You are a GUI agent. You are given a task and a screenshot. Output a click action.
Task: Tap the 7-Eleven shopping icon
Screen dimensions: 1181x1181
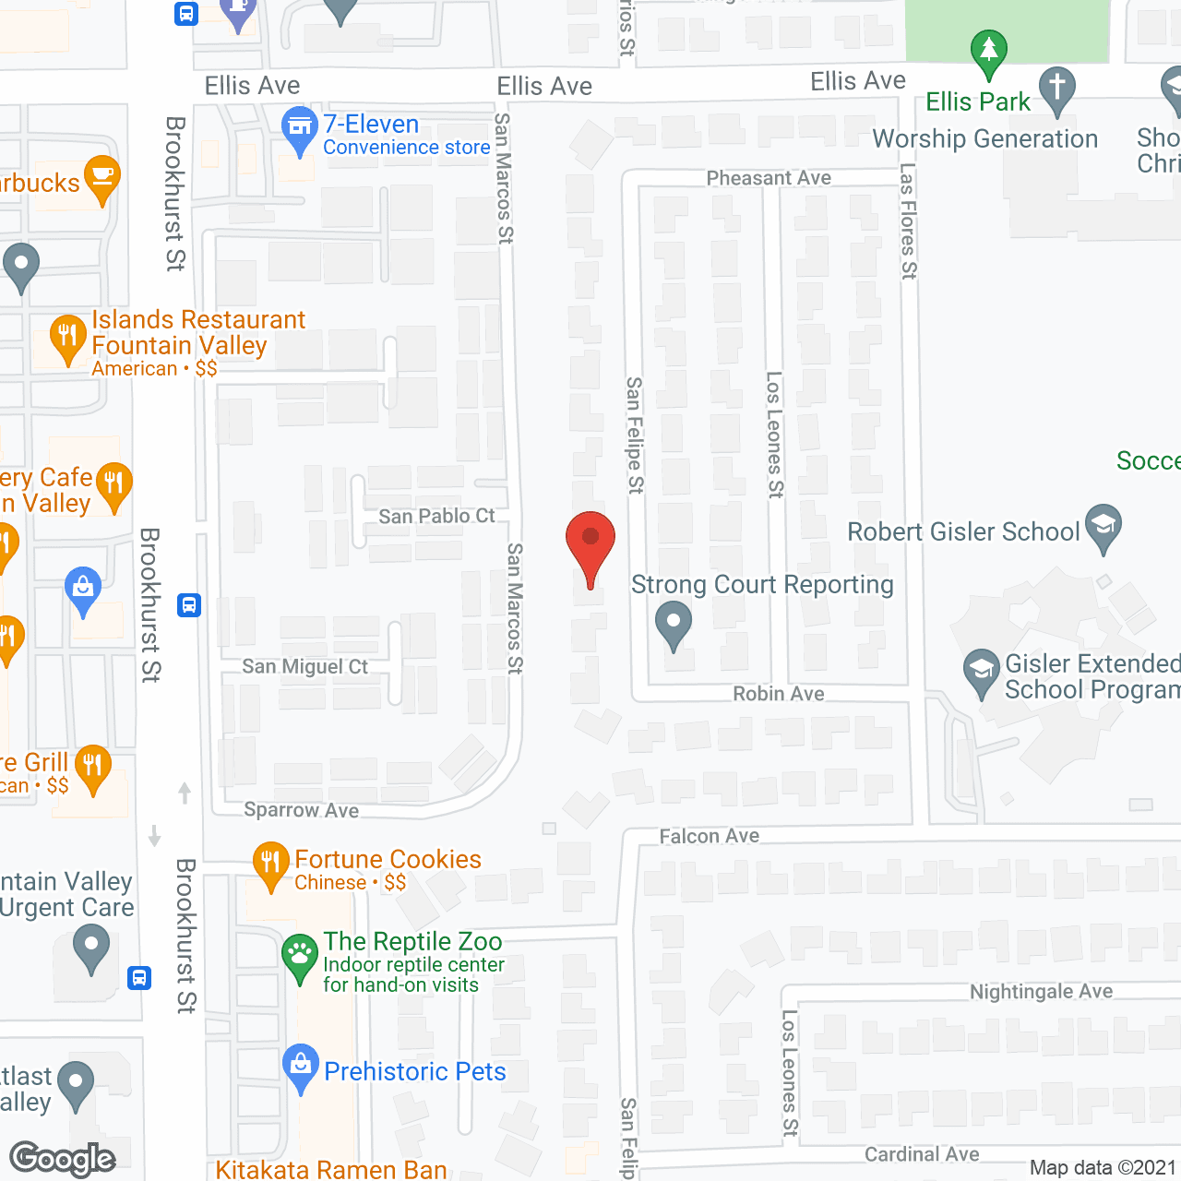point(300,130)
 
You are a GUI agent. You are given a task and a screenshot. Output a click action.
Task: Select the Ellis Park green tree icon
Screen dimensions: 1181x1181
point(988,52)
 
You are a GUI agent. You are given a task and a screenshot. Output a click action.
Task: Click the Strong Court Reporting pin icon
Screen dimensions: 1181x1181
point(674,624)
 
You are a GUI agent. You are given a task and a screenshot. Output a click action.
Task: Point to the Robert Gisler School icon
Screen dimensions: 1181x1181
point(1103,527)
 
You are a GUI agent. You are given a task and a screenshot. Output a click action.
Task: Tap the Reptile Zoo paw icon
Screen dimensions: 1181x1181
point(300,957)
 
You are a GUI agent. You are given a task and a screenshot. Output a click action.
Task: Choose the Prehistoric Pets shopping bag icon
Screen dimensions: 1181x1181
point(301,1067)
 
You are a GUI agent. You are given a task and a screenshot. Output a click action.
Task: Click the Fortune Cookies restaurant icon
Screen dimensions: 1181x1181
point(270,864)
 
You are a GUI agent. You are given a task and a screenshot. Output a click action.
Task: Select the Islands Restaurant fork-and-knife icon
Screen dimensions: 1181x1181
point(67,338)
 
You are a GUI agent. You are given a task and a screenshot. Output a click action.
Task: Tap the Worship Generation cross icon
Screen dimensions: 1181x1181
point(1057,89)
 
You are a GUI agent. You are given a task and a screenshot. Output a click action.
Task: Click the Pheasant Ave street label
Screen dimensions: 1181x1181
point(769,178)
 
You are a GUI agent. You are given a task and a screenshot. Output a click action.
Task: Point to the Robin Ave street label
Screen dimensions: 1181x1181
point(779,694)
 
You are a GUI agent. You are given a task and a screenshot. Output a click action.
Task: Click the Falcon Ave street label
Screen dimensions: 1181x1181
point(710,836)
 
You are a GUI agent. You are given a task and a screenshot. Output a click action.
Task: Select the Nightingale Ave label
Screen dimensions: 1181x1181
point(1041,992)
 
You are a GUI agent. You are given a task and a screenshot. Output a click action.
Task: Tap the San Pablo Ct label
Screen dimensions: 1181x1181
point(436,517)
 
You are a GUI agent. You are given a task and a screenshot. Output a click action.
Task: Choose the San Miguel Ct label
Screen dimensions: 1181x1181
point(304,666)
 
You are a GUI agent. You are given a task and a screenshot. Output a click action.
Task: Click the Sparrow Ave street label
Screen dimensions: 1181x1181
point(301,810)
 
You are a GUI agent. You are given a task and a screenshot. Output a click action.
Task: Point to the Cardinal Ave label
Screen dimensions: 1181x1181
point(922,1154)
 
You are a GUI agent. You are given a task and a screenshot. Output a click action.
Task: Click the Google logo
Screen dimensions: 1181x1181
point(63,1159)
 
